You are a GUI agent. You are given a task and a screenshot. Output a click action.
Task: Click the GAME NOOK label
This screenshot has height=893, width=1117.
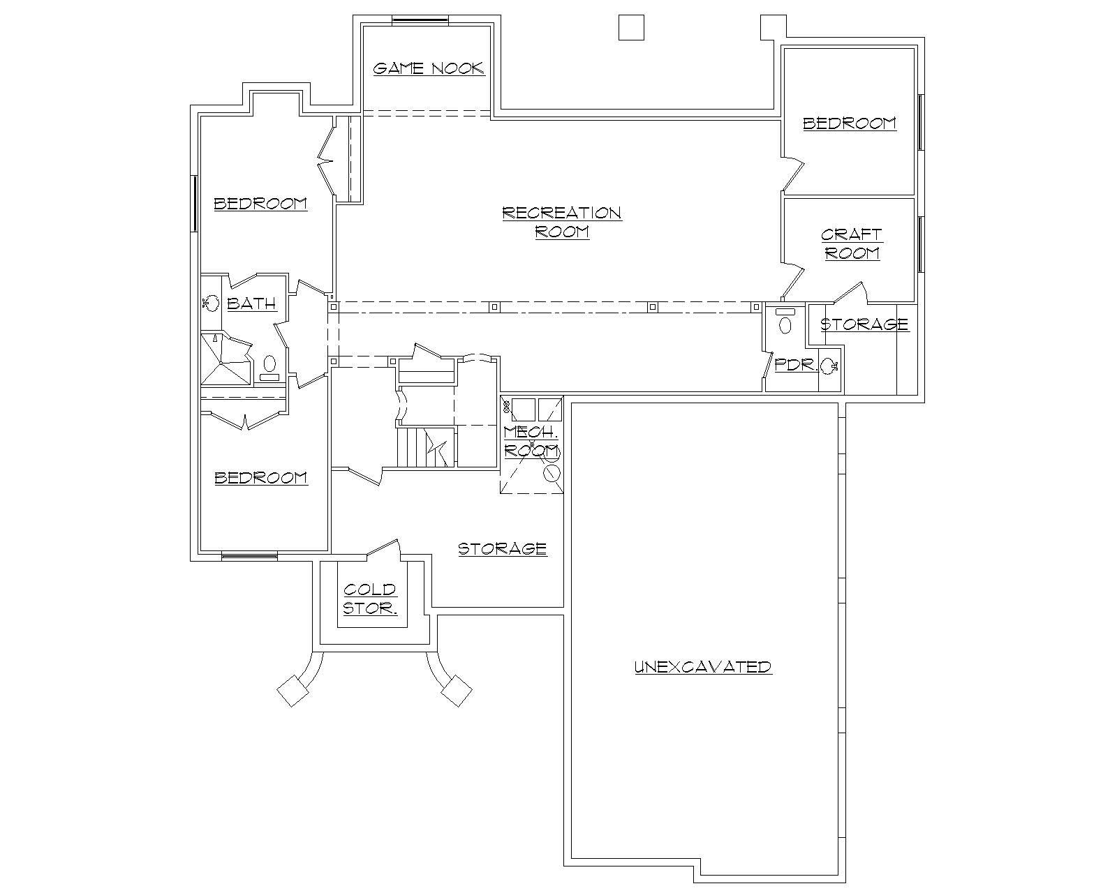click(428, 68)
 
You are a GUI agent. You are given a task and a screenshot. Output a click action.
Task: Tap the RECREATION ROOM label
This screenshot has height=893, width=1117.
click(562, 222)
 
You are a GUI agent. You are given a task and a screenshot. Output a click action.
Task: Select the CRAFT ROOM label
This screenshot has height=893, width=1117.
click(852, 243)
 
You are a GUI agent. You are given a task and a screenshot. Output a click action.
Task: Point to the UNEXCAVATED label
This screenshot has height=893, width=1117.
click(703, 667)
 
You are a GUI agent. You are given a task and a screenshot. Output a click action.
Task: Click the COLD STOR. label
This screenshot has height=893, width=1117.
click(370, 599)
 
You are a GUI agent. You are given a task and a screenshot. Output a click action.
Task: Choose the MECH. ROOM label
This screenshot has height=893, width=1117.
click(531, 441)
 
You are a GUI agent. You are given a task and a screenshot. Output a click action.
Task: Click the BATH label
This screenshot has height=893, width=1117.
click(251, 303)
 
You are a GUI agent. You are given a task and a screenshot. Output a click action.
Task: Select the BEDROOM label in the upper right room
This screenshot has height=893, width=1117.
click(849, 123)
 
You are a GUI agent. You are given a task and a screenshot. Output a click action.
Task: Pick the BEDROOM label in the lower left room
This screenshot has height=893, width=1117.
click(260, 478)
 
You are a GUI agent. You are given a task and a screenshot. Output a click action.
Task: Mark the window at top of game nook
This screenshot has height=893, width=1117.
click(420, 20)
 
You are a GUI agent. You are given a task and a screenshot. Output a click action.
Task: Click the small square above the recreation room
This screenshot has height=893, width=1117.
click(631, 28)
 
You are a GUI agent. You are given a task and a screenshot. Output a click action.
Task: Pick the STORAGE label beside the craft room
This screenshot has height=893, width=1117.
click(864, 324)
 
